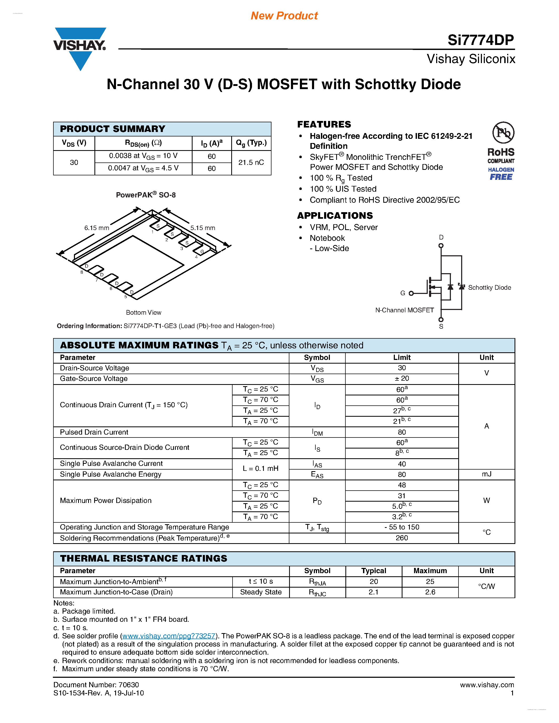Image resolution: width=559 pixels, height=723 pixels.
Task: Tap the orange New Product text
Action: (x=284, y=16)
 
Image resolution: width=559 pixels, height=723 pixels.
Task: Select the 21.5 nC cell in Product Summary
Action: (x=251, y=162)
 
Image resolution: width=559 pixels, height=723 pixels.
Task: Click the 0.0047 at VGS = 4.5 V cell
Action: (x=143, y=168)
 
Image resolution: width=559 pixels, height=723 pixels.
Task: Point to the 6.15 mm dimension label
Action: (x=96, y=228)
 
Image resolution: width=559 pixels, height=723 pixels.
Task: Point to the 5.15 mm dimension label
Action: (x=203, y=228)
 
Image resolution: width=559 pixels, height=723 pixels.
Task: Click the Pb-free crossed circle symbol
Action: (x=503, y=133)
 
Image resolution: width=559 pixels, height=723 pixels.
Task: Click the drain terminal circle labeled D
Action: (x=441, y=246)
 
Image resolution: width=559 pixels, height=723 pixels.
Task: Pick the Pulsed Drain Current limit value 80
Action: (x=402, y=432)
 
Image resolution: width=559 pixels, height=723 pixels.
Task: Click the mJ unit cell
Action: (x=486, y=474)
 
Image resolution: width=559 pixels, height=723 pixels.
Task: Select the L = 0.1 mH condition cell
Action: (x=260, y=469)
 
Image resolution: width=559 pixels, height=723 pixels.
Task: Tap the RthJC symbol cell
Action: (x=317, y=592)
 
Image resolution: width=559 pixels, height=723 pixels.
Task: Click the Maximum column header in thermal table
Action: (x=430, y=571)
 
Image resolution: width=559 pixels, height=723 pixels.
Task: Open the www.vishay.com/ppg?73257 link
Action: (x=169, y=636)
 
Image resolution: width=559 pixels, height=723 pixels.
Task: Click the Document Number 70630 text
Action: (x=96, y=685)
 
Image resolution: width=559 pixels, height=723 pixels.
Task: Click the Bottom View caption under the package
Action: (x=143, y=313)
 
